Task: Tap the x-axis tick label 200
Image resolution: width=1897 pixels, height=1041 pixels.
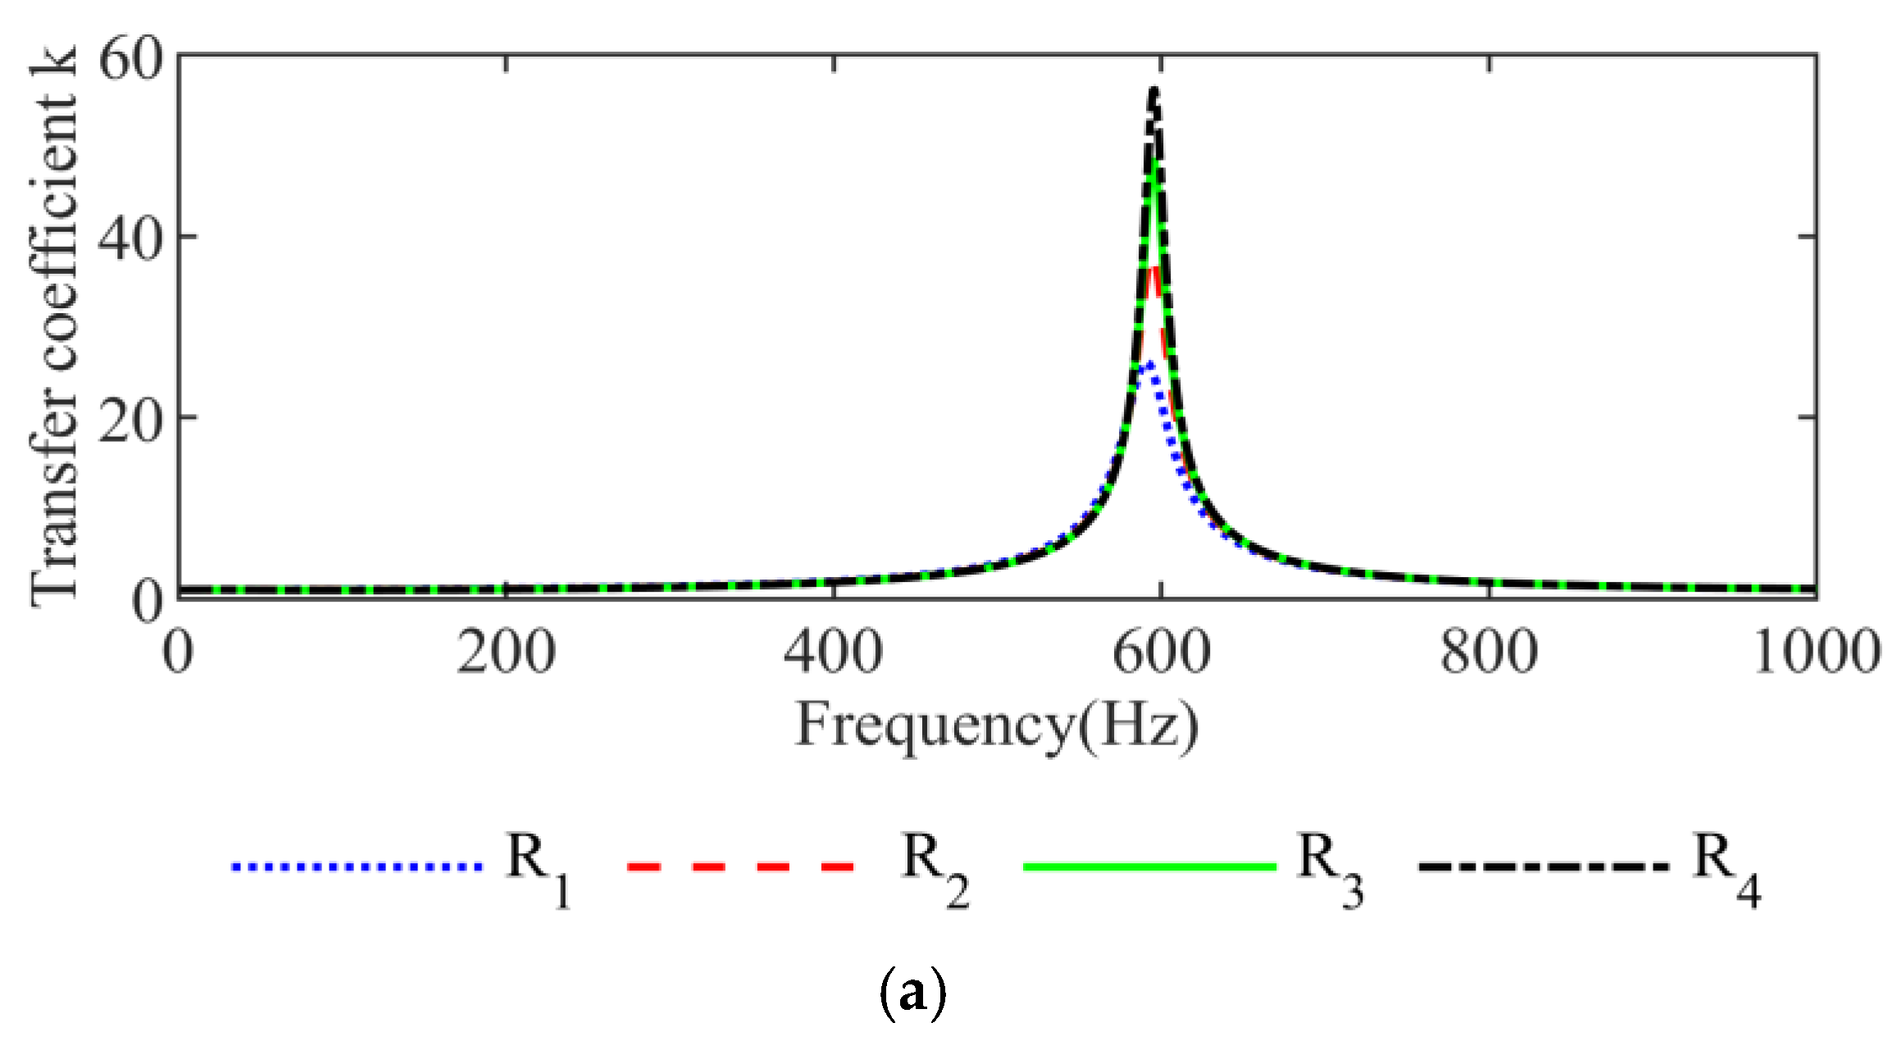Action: [x=506, y=653]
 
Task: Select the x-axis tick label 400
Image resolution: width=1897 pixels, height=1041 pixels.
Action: [x=833, y=653]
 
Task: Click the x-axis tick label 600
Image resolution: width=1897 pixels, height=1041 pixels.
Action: [x=1161, y=653]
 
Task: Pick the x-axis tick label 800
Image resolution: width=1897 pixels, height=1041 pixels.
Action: [x=1489, y=653]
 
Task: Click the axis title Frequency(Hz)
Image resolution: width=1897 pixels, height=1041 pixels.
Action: [x=997, y=725]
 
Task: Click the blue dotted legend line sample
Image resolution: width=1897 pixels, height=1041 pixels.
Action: [x=357, y=866]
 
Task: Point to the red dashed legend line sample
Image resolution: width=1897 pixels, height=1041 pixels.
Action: [x=741, y=866]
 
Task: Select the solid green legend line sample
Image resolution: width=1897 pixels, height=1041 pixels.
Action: [x=1149, y=866]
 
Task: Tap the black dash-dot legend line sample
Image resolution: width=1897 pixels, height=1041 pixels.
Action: [x=1544, y=866]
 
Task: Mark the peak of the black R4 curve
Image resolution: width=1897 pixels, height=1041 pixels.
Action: [x=1154, y=90]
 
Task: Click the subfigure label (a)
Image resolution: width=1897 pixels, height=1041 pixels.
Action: [x=912, y=993]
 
